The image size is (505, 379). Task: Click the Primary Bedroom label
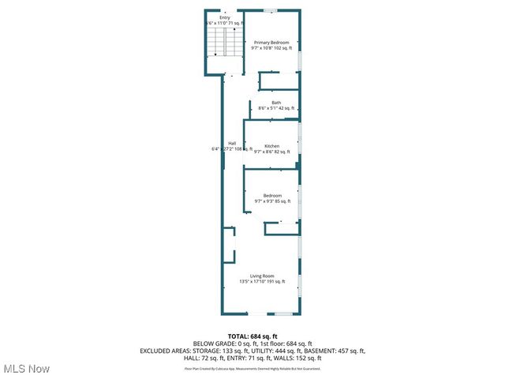271,42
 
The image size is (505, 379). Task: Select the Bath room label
276,102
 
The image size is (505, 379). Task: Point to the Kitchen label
271,146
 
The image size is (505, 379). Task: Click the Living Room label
262,276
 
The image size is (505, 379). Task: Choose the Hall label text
232,143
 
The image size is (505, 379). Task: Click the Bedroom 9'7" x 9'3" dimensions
272,201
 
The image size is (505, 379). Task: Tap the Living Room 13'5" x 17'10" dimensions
262,282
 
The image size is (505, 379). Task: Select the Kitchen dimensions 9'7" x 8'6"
272,152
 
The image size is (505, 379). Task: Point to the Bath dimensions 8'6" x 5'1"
276,108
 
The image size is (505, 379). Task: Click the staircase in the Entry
223,47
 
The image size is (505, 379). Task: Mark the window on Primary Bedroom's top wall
271,10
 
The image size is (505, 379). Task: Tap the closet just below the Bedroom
282,227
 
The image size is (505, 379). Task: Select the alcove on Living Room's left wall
228,245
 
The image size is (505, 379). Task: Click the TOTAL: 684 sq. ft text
252,336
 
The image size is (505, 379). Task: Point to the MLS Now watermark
27,369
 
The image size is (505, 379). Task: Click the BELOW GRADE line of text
252,343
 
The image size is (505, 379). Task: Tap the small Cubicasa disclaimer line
252,368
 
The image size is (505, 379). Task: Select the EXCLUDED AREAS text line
252,351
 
